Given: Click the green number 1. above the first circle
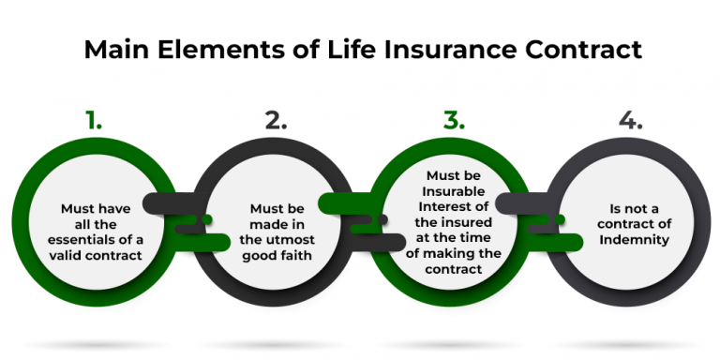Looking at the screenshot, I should [91, 120].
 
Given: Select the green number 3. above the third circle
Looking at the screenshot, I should [454, 120].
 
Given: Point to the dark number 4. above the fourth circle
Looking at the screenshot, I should [631, 120].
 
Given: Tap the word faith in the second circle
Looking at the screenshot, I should [295, 254].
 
